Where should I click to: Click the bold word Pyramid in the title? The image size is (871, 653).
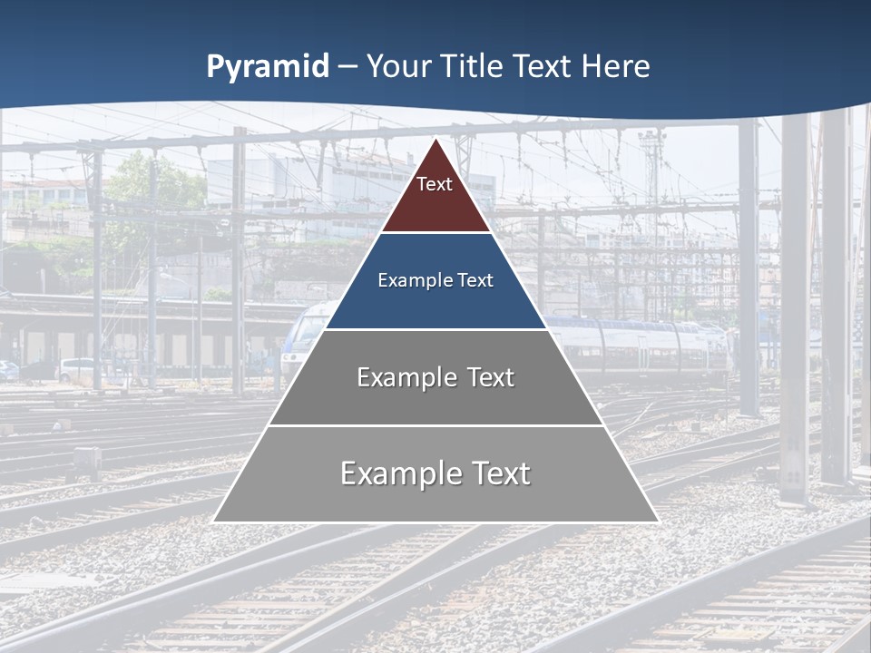tap(268, 67)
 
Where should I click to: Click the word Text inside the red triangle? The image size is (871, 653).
tap(435, 185)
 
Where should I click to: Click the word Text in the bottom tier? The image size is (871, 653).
tap(500, 473)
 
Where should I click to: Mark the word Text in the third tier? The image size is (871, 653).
tap(490, 377)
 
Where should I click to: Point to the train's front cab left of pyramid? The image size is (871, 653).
tap(300, 340)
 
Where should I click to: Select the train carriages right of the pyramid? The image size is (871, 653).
tap(635, 345)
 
